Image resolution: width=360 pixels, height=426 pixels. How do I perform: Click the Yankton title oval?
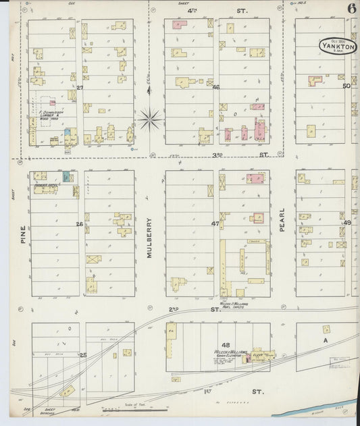338,46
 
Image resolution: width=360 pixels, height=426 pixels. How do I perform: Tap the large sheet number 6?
352,9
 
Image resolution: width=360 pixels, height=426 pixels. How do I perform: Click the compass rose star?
150,119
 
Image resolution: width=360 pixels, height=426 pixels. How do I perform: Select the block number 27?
80,88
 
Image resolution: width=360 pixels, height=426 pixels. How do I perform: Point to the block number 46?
216,87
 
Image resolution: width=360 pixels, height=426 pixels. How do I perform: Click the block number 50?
346,86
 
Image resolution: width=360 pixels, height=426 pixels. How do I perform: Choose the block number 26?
80,224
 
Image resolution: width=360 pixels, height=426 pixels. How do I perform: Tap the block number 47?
215,223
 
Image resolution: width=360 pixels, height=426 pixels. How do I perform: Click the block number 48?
216,345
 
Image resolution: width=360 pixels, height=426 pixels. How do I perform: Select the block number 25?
83,354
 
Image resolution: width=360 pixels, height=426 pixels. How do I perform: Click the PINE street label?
22,233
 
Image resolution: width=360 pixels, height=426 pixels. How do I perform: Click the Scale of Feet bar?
134,408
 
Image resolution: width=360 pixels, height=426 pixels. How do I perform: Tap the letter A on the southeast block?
325,342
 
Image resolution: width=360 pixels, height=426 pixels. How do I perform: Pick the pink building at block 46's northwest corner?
179,25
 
